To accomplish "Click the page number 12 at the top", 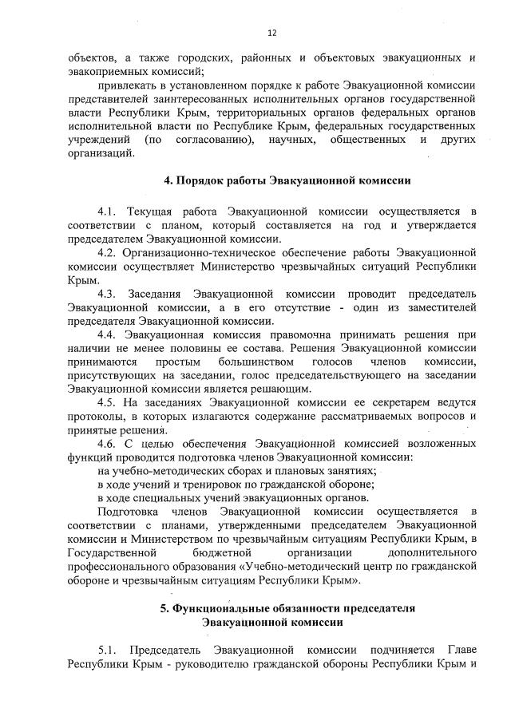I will click(x=272, y=33).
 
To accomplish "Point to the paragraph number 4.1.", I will click(x=107, y=212).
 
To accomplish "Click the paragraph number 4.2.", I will click(x=107, y=252).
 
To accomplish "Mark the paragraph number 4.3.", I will click(x=107, y=293).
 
